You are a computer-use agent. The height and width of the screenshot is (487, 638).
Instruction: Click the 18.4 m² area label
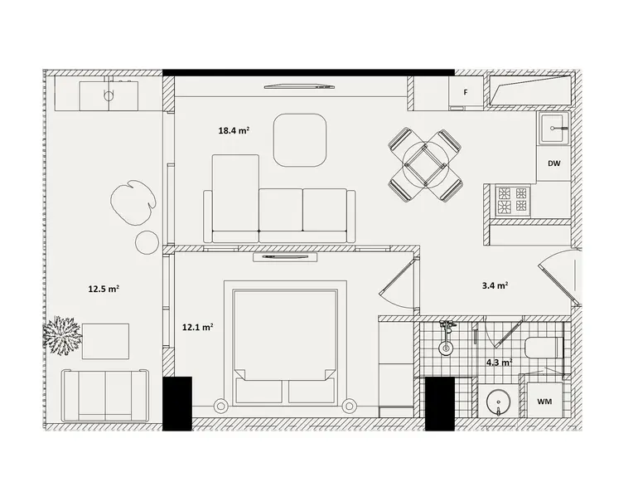(234, 131)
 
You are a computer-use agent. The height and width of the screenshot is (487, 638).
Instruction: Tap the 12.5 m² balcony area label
(104, 289)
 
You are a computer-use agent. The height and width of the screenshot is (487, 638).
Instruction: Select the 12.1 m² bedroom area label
(198, 327)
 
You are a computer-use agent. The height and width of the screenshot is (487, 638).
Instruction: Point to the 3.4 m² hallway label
(495, 285)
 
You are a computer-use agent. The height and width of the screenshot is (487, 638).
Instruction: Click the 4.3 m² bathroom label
(500, 362)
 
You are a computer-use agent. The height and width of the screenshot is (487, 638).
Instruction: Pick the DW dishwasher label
(553, 163)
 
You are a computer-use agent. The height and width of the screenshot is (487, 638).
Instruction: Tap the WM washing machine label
(544, 402)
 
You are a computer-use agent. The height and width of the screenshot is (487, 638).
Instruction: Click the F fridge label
(466, 92)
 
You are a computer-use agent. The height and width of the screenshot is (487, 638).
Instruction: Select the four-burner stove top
(513, 201)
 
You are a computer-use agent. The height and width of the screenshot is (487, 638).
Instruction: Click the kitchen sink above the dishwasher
(554, 128)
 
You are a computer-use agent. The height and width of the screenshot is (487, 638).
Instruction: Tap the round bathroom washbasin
(499, 402)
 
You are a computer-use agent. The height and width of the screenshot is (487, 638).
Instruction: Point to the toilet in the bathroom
(544, 348)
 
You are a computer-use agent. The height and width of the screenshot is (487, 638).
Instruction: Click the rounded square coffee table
(300, 140)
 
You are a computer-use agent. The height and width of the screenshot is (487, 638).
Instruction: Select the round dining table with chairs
(426, 165)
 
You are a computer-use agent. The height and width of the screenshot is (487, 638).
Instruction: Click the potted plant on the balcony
(62, 335)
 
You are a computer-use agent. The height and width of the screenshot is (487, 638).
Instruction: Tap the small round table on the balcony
(147, 242)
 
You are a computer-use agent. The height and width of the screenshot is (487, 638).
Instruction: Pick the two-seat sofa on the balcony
(105, 395)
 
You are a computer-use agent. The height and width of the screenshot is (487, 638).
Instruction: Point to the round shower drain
(446, 348)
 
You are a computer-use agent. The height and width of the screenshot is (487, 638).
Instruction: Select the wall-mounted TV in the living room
(299, 86)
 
